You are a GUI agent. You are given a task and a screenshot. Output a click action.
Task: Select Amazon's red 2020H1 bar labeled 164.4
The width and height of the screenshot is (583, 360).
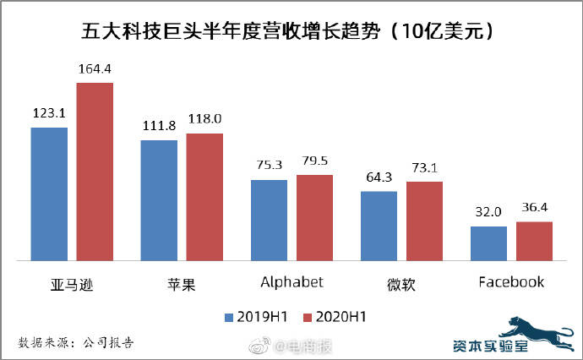(95, 172)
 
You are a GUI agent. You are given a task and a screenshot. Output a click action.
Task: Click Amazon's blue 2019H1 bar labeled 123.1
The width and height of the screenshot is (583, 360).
(49, 194)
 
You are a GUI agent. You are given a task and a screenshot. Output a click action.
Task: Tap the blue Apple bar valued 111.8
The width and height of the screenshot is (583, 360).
(159, 200)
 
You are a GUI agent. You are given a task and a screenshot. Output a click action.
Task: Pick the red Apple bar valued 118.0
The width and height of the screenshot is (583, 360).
(204, 197)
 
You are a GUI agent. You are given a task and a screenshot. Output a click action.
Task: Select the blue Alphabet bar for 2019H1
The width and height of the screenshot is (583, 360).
(269, 220)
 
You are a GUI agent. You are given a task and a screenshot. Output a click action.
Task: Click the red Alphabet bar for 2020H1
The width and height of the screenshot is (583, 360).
(314, 218)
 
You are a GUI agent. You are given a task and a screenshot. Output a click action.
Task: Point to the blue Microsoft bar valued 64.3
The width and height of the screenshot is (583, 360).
(379, 226)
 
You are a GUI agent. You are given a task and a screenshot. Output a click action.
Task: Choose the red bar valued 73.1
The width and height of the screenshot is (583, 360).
(424, 221)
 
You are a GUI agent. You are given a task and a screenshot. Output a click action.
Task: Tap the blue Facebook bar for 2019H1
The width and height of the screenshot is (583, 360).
(488, 243)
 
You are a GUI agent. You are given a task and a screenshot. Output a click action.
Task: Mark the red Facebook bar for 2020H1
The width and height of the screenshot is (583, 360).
(534, 241)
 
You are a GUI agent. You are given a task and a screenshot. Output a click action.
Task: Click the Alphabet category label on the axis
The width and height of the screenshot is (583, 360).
(291, 281)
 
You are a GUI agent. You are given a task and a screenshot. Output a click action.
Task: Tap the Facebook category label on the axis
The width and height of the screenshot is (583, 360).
(511, 281)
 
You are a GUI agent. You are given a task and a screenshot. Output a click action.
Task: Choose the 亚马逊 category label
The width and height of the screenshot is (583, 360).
(72, 282)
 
